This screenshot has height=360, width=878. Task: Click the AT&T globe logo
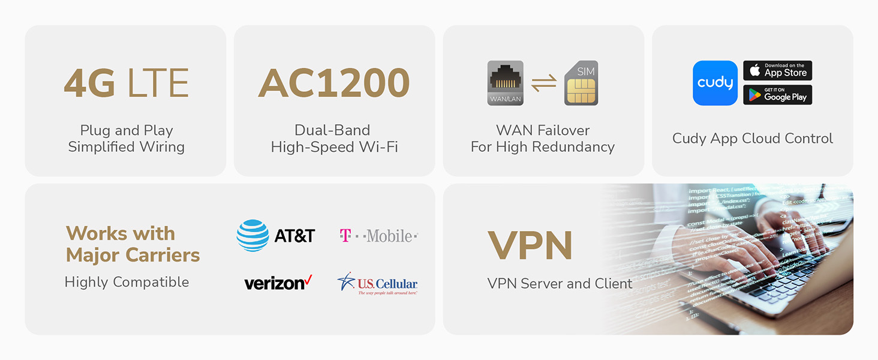click(x=252, y=235)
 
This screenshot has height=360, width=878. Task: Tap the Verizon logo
click(x=278, y=283)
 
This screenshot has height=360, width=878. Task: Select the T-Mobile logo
click(x=378, y=236)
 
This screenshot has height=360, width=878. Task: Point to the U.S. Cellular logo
click(x=377, y=283)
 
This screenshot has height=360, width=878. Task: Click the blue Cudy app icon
click(x=715, y=83)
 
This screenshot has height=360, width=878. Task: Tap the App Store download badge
click(x=777, y=71)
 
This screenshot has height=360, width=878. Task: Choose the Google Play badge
click(x=777, y=95)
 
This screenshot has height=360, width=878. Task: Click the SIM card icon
click(x=581, y=83)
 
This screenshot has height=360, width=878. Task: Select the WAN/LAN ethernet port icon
click(x=505, y=83)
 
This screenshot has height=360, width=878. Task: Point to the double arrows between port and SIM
click(x=543, y=83)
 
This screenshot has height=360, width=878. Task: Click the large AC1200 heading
click(x=334, y=83)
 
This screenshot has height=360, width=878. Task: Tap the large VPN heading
click(x=530, y=245)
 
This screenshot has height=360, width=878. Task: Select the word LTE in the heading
click(x=158, y=83)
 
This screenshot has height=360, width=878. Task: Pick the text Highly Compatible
click(x=127, y=282)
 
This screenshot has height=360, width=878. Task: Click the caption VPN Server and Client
click(x=560, y=283)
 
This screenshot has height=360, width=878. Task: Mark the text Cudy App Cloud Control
click(x=752, y=139)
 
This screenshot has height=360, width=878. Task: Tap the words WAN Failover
click(x=543, y=130)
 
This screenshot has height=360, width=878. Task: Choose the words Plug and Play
click(x=127, y=130)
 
